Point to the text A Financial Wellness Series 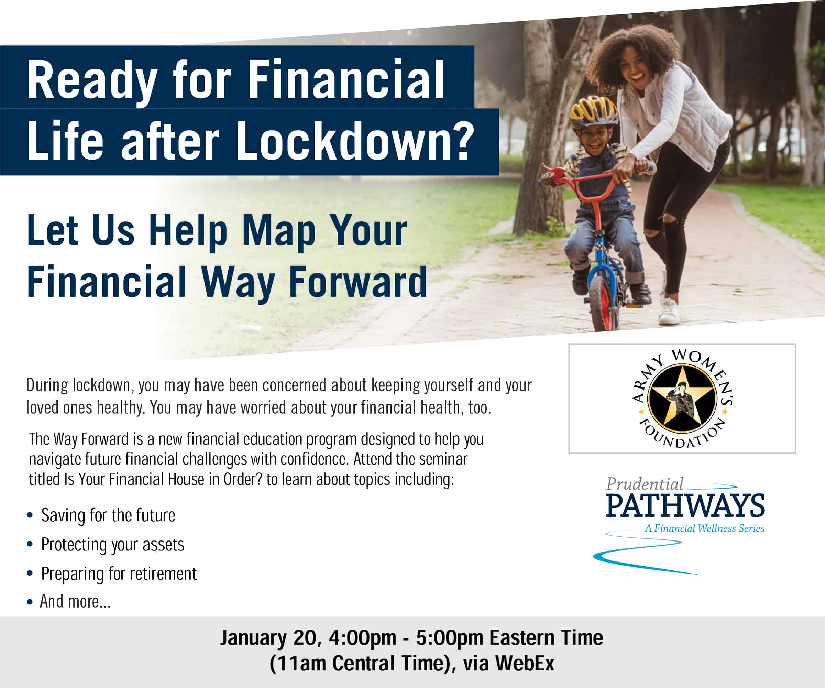tap(704, 528)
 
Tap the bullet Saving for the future tap(108, 515)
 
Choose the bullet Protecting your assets tap(113, 545)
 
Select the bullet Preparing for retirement tap(119, 574)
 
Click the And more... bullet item tap(75, 601)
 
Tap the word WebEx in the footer tap(525, 664)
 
